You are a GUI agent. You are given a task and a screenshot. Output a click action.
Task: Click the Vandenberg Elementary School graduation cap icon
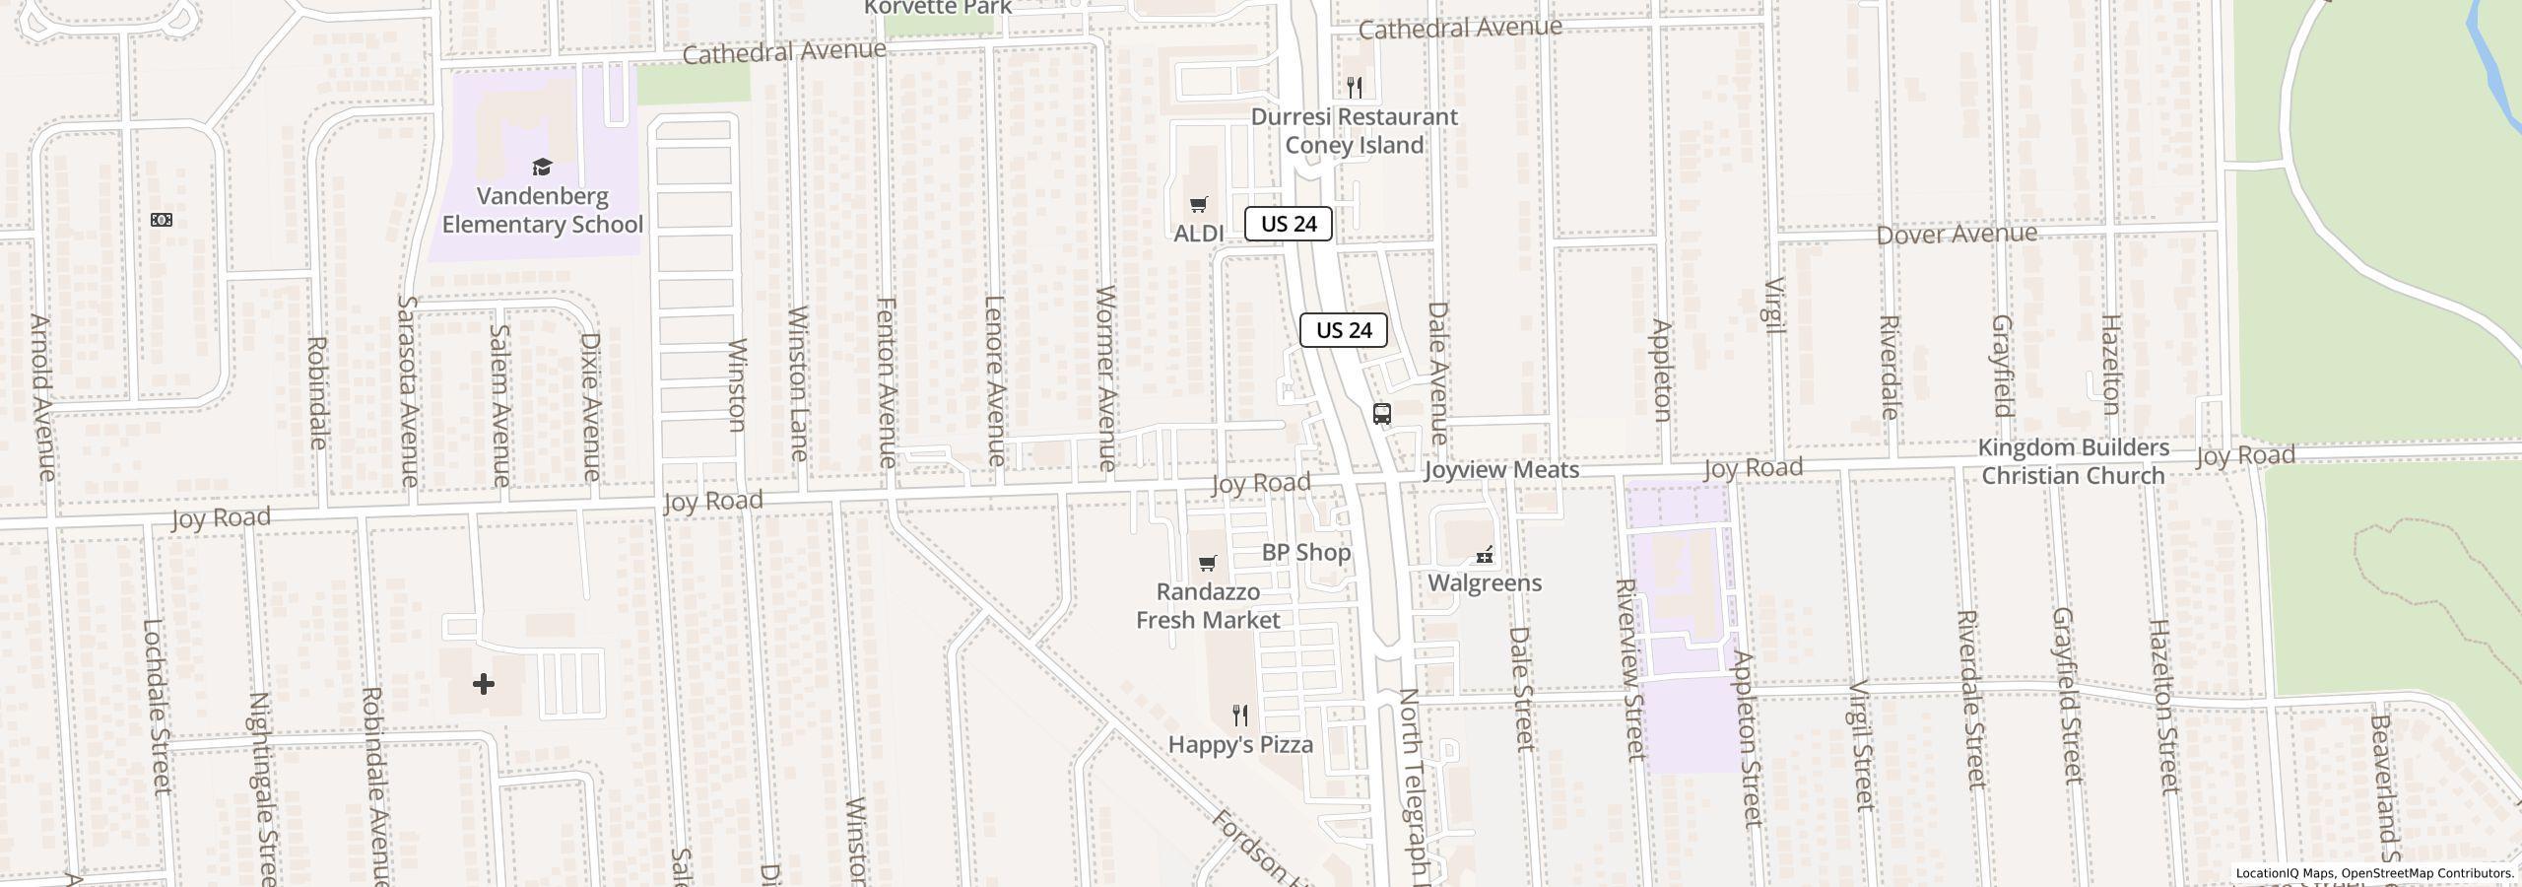click(x=541, y=167)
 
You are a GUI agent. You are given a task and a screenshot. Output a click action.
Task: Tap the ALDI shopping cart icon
click(x=1198, y=205)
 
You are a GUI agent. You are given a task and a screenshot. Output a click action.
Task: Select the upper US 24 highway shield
click(x=1288, y=224)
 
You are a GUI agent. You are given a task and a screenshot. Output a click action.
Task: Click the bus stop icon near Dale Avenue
click(x=1381, y=414)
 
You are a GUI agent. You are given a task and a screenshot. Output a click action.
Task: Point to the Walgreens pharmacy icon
click(x=1484, y=556)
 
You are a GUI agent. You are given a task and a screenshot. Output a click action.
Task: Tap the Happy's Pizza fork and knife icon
click(x=1240, y=716)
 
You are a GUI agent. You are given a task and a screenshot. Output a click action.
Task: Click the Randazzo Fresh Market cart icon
click(x=1207, y=564)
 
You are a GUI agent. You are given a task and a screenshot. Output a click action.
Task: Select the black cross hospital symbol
click(x=483, y=684)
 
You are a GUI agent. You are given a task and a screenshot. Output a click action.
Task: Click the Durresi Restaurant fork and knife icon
click(x=1355, y=88)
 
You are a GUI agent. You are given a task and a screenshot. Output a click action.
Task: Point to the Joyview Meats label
click(x=1500, y=470)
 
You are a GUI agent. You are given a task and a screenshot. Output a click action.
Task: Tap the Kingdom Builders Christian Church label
click(x=2073, y=461)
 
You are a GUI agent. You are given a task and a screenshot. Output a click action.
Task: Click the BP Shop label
click(x=1305, y=552)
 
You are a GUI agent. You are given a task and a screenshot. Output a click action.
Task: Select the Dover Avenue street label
click(x=1956, y=235)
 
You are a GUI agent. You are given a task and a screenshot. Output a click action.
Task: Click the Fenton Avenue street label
click(x=887, y=381)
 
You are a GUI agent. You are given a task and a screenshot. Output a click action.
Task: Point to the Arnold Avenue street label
click(x=42, y=397)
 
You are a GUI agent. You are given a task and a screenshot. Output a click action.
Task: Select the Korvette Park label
click(x=938, y=8)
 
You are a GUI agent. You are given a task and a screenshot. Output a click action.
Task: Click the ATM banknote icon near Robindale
click(x=162, y=220)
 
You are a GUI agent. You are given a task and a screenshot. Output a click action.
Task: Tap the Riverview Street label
click(x=1630, y=669)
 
